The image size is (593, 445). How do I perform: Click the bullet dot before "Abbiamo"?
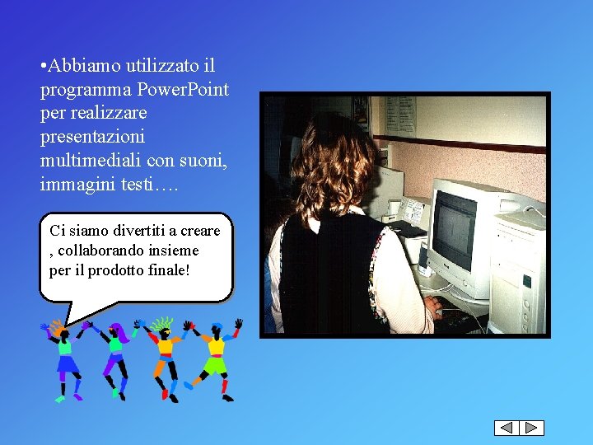(43, 65)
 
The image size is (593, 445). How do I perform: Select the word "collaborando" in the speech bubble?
(100, 250)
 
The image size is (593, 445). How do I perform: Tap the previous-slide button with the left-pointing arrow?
(507, 428)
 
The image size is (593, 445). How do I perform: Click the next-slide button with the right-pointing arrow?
(532, 428)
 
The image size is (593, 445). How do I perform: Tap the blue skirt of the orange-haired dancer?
(67, 363)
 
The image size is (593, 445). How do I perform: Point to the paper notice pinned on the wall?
(400, 115)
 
